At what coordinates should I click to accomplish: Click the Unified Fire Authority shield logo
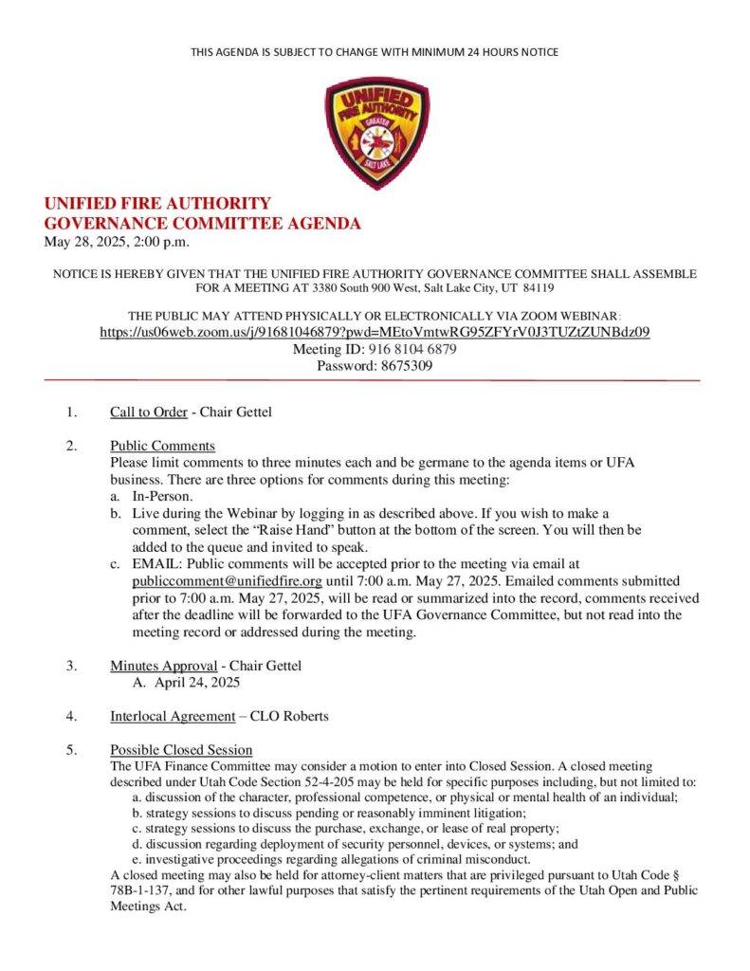(x=375, y=133)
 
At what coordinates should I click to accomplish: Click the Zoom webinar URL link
(x=375, y=332)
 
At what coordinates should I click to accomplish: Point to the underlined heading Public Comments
(x=162, y=446)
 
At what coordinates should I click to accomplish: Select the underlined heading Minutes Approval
(x=163, y=665)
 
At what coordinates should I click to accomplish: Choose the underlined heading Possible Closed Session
(x=181, y=750)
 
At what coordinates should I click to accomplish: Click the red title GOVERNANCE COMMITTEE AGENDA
(x=203, y=224)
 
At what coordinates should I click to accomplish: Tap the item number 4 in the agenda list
(x=71, y=716)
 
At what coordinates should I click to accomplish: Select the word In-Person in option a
(x=162, y=496)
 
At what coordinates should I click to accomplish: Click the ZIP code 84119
(x=537, y=286)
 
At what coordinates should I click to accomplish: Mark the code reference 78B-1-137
(x=148, y=890)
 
